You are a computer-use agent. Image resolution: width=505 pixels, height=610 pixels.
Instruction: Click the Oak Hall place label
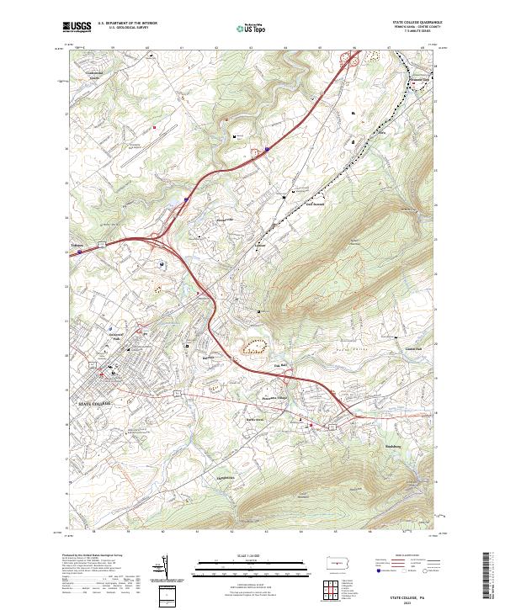pos(283,365)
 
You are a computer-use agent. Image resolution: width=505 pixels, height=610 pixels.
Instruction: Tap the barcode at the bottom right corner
pos(492,576)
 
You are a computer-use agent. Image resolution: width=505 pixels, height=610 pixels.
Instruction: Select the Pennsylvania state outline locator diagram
pos(340,562)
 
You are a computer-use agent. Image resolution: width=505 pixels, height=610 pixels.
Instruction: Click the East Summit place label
pos(313,204)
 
